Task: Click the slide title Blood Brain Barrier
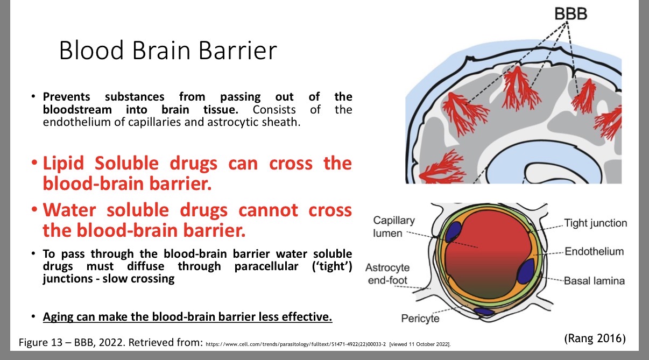tap(168, 51)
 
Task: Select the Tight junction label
tap(595, 223)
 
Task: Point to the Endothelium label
tap(594, 251)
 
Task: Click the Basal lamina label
tap(594, 280)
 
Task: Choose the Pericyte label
tap(420, 319)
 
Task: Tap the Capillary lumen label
tap(394, 227)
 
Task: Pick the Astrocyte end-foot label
tap(387, 274)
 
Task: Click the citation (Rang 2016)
tap(595, 338)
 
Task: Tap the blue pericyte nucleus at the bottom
tap(483, 311)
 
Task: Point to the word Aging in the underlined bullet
tap(59, 316)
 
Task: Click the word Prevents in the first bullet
tap(66, 97)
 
